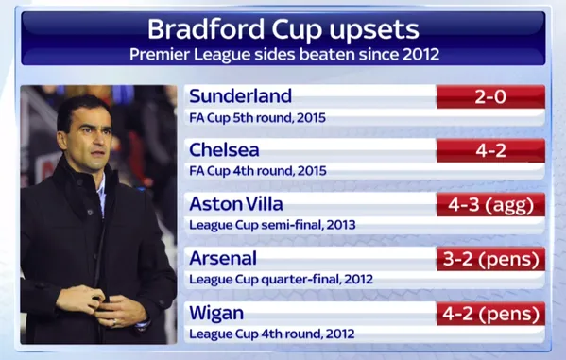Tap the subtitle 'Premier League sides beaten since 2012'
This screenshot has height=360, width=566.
tap(283, 54)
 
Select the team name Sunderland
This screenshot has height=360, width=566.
tap(240, 96)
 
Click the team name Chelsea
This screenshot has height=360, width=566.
tap(223, 150)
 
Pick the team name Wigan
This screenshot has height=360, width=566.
tap(217, 313)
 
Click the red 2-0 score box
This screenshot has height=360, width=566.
tap(490, 96)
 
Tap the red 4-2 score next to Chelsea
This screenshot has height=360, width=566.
tap(490, 150)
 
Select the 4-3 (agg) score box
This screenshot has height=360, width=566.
tap(490, 205)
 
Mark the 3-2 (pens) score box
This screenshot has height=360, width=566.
tap(490, 259)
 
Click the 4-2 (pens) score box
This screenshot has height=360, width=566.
tap(490, 313)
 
